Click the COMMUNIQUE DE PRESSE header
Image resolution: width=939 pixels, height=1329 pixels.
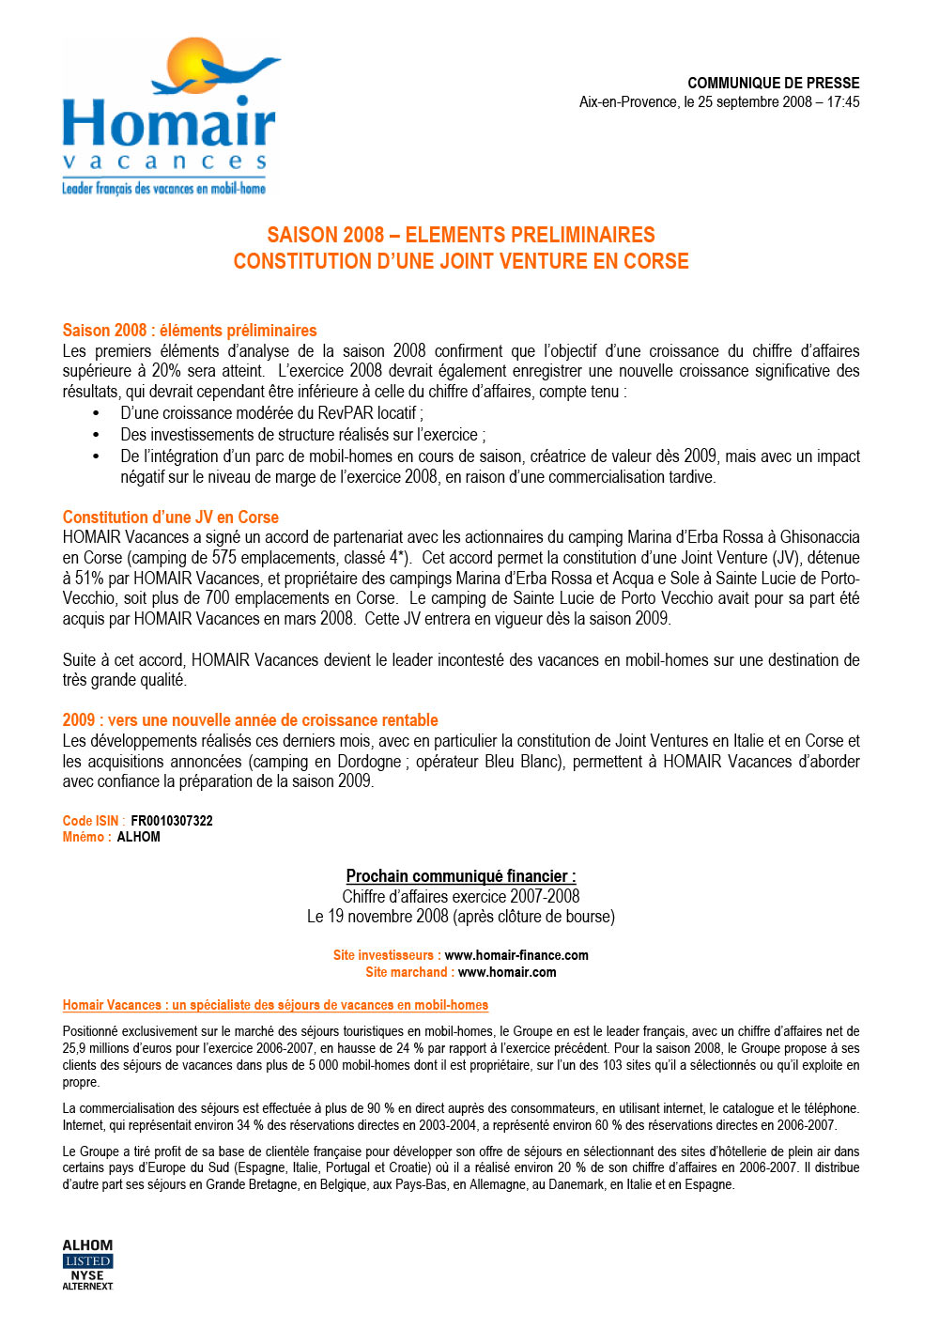point(773,83)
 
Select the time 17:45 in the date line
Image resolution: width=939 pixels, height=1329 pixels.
point(842,102)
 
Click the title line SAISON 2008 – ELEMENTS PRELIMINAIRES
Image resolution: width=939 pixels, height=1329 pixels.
point(461,235)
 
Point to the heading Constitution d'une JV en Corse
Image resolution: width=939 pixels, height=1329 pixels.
point(171,518)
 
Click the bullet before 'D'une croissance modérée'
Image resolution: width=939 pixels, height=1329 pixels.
point(96,413)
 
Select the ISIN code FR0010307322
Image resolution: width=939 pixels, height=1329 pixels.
point(172,821)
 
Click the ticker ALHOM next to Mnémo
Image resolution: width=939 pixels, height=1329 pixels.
point(138,837)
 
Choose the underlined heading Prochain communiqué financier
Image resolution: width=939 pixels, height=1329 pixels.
point(461,876)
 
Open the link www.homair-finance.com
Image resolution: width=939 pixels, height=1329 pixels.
point(516,955)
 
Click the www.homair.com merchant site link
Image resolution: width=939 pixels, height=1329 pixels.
point(507,972)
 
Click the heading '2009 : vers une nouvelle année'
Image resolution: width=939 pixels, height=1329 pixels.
point(251,720)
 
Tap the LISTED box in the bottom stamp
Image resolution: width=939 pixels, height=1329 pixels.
point(88,1261)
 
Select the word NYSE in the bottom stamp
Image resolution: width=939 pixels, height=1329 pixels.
point(87,1275)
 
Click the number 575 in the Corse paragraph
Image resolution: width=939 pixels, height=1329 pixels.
point(223,558)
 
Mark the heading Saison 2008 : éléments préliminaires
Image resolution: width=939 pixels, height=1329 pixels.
point(190,331)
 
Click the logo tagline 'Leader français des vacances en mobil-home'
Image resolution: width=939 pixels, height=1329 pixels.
point(164,189)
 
